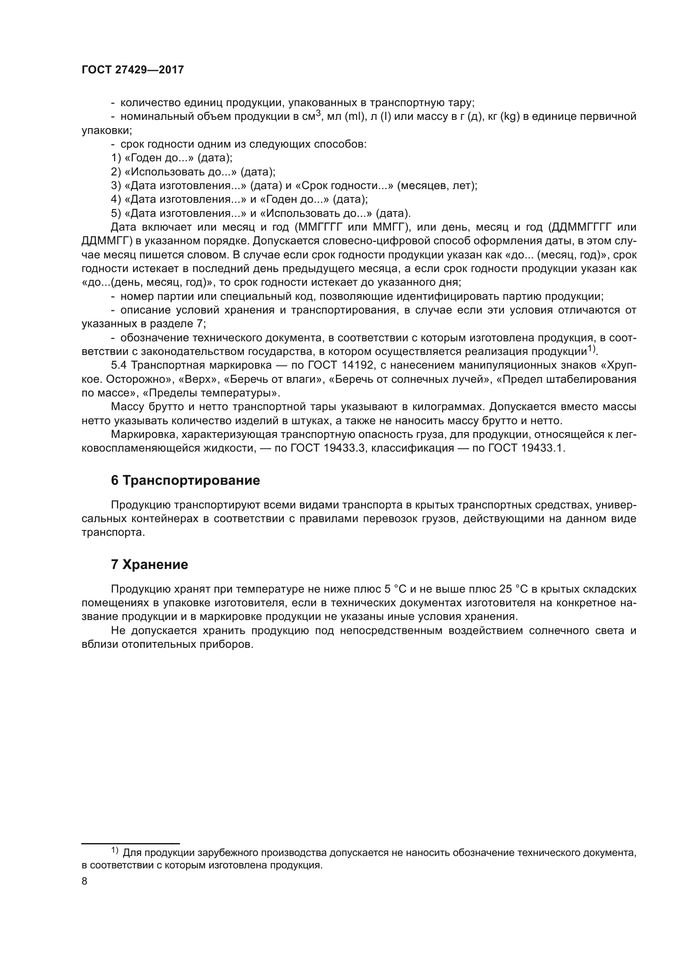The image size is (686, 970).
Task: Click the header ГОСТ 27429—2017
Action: tap(133, 70)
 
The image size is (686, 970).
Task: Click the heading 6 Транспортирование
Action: tap(185, 481)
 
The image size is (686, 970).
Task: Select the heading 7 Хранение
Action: tap(150, 564)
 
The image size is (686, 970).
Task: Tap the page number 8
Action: tap(85, 881)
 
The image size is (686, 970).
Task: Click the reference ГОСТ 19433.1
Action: tap(526, 448)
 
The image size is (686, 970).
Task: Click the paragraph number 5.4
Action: tap(119, 365)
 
